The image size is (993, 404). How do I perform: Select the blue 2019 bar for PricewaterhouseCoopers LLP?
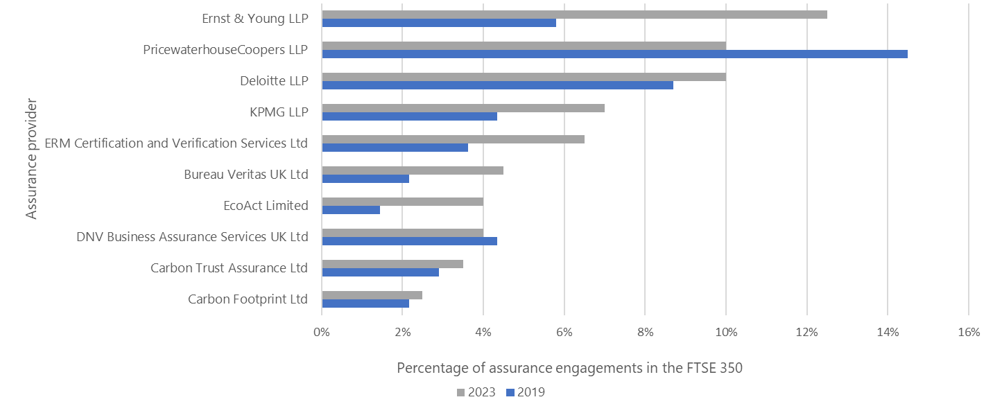tap(614, 53)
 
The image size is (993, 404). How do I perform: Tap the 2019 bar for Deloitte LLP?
tap(497, 85)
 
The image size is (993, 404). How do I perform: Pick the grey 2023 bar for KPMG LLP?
tap(463, 108)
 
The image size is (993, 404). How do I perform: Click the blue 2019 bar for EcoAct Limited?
tap(351, 209)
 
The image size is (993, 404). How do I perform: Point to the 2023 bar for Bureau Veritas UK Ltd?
tap(413, 170)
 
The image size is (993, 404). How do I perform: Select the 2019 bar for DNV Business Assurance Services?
tap(409, 240)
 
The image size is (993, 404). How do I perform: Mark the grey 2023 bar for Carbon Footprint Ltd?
tap(372, 295)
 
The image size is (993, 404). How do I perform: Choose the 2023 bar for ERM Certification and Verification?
tap(453, 139)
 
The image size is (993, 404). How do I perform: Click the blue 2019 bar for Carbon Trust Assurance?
tap(380, 272)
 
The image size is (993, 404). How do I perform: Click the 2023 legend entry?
tap(476, 392)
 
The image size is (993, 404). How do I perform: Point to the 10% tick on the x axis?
tap(725, 332)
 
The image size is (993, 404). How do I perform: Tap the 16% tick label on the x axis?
tap(968, 332)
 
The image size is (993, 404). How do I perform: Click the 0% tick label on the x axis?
tap(322, 332)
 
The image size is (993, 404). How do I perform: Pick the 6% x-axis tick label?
tap(564, 332)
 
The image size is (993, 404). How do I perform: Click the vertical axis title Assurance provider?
tap(31, 159)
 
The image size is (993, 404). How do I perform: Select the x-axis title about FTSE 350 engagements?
tap(569, 368)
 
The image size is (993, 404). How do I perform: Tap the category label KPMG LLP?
tap(279, 112)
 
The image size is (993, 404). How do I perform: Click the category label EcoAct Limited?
tap(266, 206)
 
